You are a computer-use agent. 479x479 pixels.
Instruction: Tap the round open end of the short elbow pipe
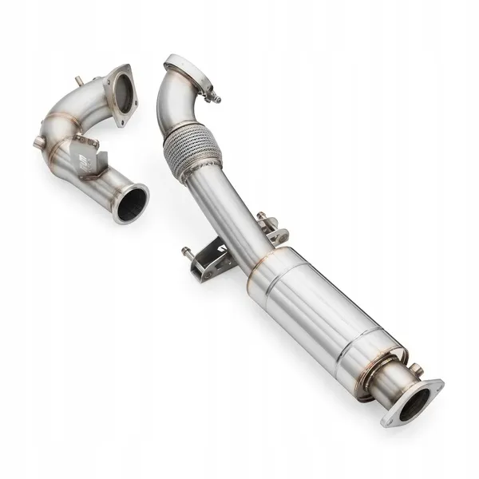[130, 203]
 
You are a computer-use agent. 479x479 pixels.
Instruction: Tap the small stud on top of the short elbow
[79, 81]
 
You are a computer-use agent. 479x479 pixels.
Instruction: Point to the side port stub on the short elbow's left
[38, 141]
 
